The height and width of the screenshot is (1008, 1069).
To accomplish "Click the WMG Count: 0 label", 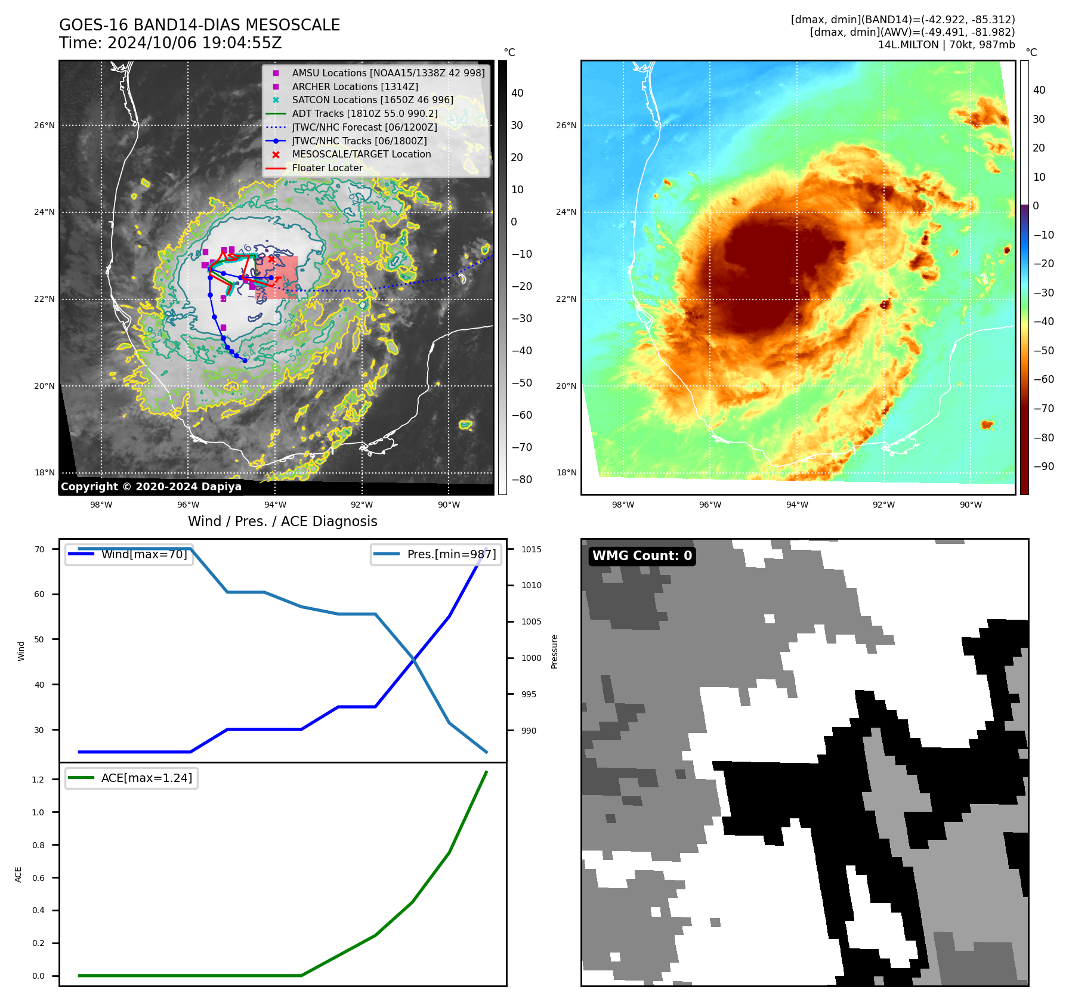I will pos(642,556).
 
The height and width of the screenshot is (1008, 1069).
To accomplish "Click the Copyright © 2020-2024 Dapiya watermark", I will pos(151,487).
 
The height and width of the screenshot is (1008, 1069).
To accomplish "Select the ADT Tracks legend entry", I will pos(364,113).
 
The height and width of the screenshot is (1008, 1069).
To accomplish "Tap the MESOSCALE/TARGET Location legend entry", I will pos(361,154).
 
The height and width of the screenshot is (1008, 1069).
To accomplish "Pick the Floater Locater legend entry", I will pos(327,168).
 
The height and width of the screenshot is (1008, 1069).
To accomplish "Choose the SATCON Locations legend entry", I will pos(372,100).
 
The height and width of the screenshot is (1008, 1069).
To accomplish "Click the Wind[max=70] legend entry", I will pos(144,554).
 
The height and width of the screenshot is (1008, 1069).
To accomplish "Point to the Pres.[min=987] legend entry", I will pos(451,554).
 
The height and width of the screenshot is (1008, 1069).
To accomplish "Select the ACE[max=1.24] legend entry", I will pos(146,778).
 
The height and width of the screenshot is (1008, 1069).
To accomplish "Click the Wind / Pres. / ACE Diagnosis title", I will pos(282,521).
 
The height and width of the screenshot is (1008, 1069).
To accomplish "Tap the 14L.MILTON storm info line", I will pos(946,45).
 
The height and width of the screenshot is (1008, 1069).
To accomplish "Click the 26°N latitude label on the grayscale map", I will pos(44,125).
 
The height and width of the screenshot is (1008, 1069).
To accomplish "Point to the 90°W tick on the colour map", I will pos(971,505).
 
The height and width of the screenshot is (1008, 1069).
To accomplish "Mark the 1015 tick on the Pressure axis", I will pos(531,549).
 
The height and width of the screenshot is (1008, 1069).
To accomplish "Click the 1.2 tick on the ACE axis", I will pos(38,780).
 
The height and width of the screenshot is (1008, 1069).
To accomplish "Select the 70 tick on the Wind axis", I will pos(39,549).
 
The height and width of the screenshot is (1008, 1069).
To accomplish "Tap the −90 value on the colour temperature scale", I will pos(1043,466).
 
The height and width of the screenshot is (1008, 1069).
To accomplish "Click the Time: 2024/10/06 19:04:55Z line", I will pos(170,43).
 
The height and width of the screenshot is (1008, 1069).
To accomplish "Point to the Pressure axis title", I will pos(554,651).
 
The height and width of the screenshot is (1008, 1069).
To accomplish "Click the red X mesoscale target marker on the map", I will pos(271,259).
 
